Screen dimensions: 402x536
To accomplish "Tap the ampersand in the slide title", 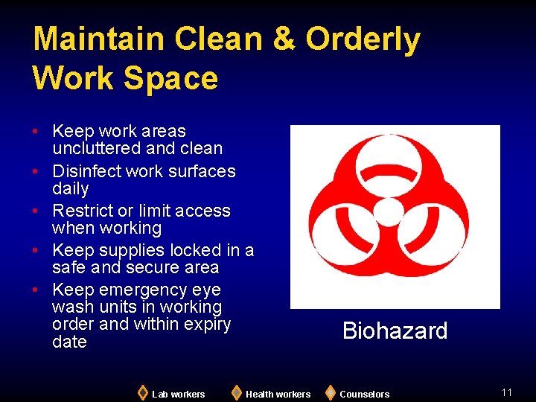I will coord(284,39).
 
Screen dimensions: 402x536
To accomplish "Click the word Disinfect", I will coord(88,171).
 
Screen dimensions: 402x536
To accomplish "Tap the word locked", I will coord(197,250).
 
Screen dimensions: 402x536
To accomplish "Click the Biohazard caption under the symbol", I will coord(395,331).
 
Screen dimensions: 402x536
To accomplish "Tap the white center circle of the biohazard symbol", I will coord(388,212).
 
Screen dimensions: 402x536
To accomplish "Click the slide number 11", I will coord(507,392).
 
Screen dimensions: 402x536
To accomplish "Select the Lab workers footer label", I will coord(178,394).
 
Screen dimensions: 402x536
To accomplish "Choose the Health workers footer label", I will coord(278,394).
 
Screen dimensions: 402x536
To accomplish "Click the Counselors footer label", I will coord(364,394).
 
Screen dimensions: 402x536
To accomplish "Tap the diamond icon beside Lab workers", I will coord(143,392).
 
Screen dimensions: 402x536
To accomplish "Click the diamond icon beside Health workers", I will coord(237,392).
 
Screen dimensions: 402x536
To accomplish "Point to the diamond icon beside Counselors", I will coord(331,392).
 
